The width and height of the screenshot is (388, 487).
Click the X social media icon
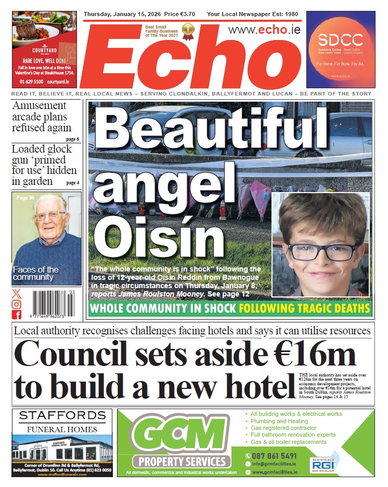[x=17, y=294]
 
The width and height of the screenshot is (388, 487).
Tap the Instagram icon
[x=17, y=304]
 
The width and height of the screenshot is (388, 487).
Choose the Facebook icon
[x=17, y=315]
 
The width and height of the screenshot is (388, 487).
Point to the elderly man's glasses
[x=49, y=215]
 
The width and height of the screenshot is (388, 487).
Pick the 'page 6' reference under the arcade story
[x=72, y=139]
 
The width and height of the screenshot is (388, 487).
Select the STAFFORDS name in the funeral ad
[x=62, y=416]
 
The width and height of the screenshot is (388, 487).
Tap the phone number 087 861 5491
[x=275, y=456]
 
